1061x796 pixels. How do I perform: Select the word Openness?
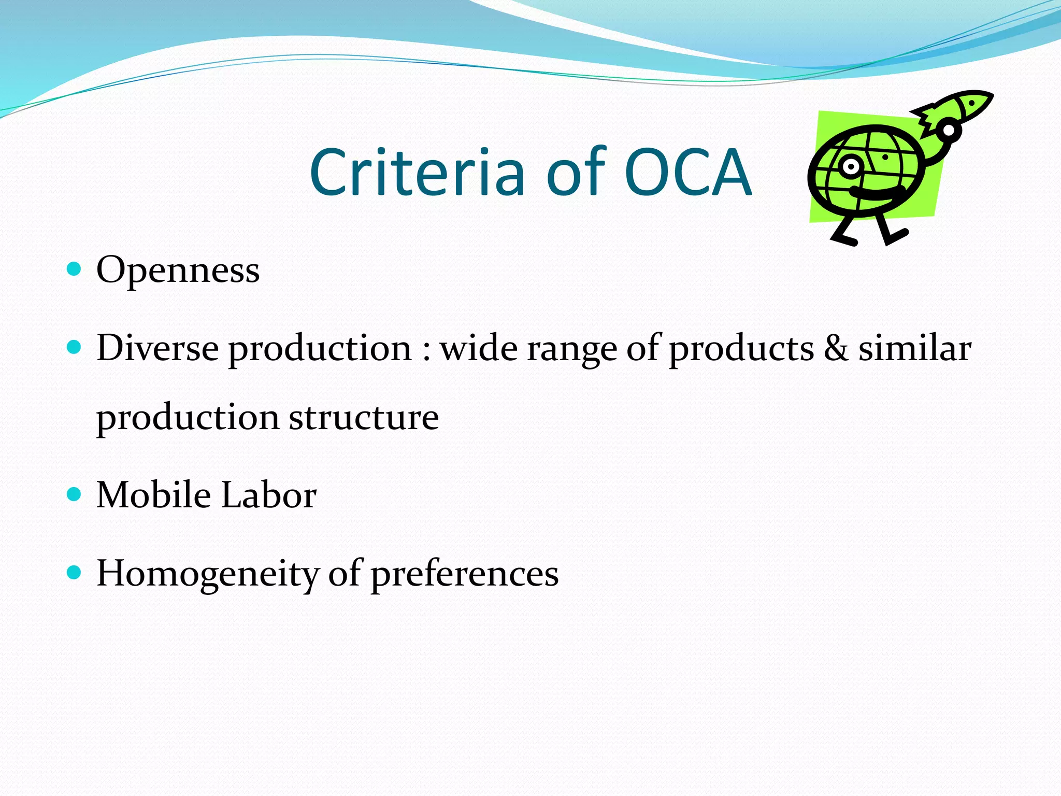pyautogui.click(x=178, y=271)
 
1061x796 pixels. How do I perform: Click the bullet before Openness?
pyautogui.click(x=75, y=268)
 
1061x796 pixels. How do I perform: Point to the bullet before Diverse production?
pyautogui.click(x=75, y=347)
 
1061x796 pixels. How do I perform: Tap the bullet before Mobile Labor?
pyautogui.click(x=75, y=493)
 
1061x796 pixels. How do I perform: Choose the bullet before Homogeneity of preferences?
pyautogui.click(x=75, y=572)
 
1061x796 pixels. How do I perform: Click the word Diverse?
pyautogui.click(x=157, y=348)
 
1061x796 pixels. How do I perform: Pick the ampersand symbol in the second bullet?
pyautogui.click(x=836, y=348)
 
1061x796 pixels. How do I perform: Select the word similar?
pyautogui.click(x=915, y=348)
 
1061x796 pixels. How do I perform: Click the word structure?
pyautogui.click(x=364, y=417)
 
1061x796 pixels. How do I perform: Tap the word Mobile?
pyautogui.click(x=153, y=494)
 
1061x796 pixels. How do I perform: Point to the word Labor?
pyautogui.click(x=269, y=494)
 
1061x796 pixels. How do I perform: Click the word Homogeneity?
pyautogui.click(x=207, y=574)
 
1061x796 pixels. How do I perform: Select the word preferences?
pyautogui.click(x=465, y=574)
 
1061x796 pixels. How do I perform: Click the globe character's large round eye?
pyautogui.click(x=850, y=166)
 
